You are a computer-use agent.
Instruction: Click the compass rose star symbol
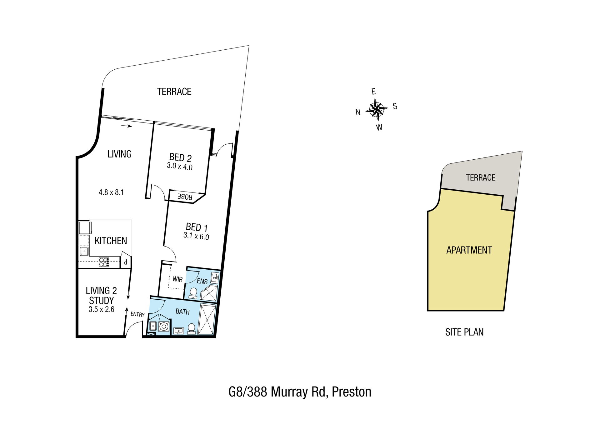coord(377,109)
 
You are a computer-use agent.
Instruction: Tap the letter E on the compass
coord(373,92)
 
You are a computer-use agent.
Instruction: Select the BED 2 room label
coord(180,157)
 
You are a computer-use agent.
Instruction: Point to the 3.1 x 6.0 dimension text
coord(196,236)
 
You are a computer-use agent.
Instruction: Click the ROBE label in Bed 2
coord(185,197)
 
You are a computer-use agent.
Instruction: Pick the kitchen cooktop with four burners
coord(104,262)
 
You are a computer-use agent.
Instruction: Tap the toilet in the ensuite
coord(193,293)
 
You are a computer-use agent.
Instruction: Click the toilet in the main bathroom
coord(192,329)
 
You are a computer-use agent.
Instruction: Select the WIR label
coord(177,279)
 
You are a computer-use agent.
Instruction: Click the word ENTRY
coord(137,314)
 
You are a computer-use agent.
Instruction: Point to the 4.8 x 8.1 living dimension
coord(111,192)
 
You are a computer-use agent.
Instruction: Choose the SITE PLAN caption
coord(464,332)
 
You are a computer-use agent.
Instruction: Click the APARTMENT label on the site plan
coord(469,250)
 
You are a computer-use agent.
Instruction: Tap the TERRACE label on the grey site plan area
coord(481,177)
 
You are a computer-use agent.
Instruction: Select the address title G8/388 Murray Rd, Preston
coord(300,392)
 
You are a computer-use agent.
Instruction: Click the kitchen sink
coord(84,251)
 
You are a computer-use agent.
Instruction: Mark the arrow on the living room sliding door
coord(126,126)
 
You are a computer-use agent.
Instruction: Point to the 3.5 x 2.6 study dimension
coord(102,309)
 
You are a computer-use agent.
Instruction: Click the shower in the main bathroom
coord(207,319)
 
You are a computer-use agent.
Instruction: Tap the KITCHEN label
coord(111,241)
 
